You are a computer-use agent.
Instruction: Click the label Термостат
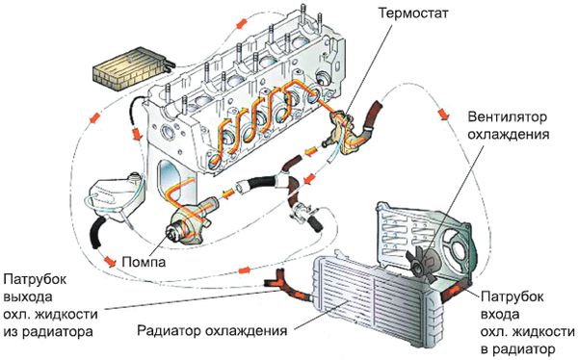point(413,13)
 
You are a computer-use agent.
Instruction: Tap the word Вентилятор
point(508,117)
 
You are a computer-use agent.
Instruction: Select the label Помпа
point(144,262)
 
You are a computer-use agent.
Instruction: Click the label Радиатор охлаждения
point(212,330)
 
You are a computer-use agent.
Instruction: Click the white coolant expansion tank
point(116,195)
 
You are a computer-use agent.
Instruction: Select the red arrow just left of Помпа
point(110,261)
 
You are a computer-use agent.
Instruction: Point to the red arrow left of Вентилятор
point(443,114)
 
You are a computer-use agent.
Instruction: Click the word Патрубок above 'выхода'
point(35,279)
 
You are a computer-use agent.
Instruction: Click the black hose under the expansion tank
point(96,233)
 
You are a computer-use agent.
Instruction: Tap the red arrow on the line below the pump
point(243,270)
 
